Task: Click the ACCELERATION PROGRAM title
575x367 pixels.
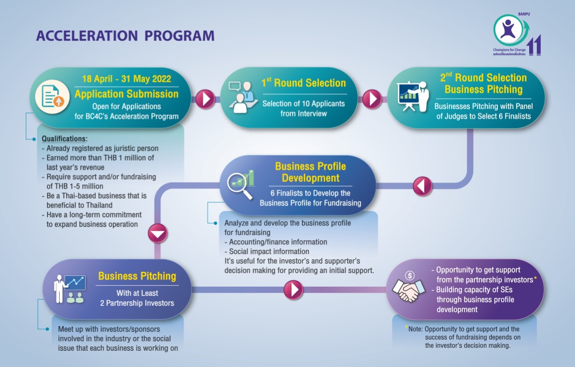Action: tap(125, 35)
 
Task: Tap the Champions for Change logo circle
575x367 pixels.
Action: tap(508, 30)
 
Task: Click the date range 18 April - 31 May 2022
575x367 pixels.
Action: tap(127, 79)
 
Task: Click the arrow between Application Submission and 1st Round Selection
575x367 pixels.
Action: tap(205, 99)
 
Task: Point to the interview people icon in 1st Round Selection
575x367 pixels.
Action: tap(242, 97)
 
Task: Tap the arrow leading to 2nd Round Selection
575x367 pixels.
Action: tap(372, 99)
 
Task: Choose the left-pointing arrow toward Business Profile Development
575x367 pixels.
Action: tap(423, 186)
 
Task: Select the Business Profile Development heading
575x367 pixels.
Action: tap(310, 172)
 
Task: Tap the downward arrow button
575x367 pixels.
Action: tap(158, 233)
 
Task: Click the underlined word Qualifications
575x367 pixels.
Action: tap(64, 139)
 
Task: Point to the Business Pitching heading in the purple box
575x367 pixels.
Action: tap(137, 276)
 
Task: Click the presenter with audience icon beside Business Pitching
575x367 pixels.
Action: tap(69, 289)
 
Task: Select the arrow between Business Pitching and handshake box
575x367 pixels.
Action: tap(293, 290)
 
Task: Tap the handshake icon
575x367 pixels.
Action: tap(407, 291)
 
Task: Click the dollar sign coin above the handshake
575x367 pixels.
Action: tap(410, 276)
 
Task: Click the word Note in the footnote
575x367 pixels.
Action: tap(415, 329)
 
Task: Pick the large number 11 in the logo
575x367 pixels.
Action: tap(535, 45)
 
